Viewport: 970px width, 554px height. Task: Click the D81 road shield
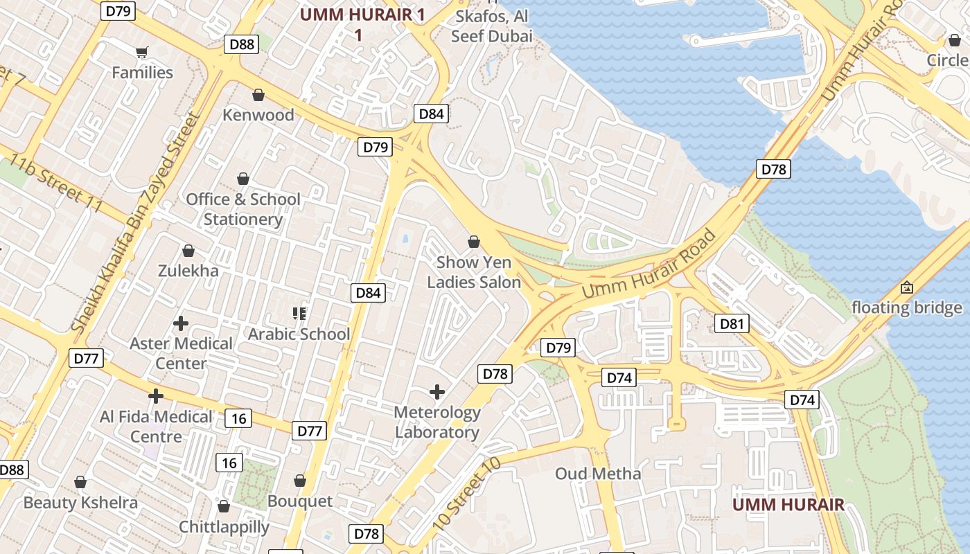click(732, 323)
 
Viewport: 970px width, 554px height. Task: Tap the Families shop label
click(142, 72)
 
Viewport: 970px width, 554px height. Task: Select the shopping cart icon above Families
click(142, 52)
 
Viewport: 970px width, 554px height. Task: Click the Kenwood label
click(258, 115)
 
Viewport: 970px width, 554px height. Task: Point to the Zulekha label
click(188, 270)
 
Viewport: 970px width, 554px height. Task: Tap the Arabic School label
click(299, 334)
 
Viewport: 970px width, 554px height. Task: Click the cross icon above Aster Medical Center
click(181, 323)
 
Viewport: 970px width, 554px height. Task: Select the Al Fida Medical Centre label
click(156, 427)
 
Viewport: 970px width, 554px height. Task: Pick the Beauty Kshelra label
click(80, 502)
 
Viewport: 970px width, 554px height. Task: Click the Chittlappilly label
click(224, 527)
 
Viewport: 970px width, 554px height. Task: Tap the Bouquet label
click(300, 501)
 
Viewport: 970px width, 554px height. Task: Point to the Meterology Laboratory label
click(437, 422)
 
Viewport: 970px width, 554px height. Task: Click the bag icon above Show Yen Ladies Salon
click(474, 242)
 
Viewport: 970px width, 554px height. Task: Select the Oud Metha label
click(598, 474)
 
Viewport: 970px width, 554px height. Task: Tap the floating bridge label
click(906, 307)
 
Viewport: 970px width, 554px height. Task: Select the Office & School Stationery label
click(243, 209)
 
